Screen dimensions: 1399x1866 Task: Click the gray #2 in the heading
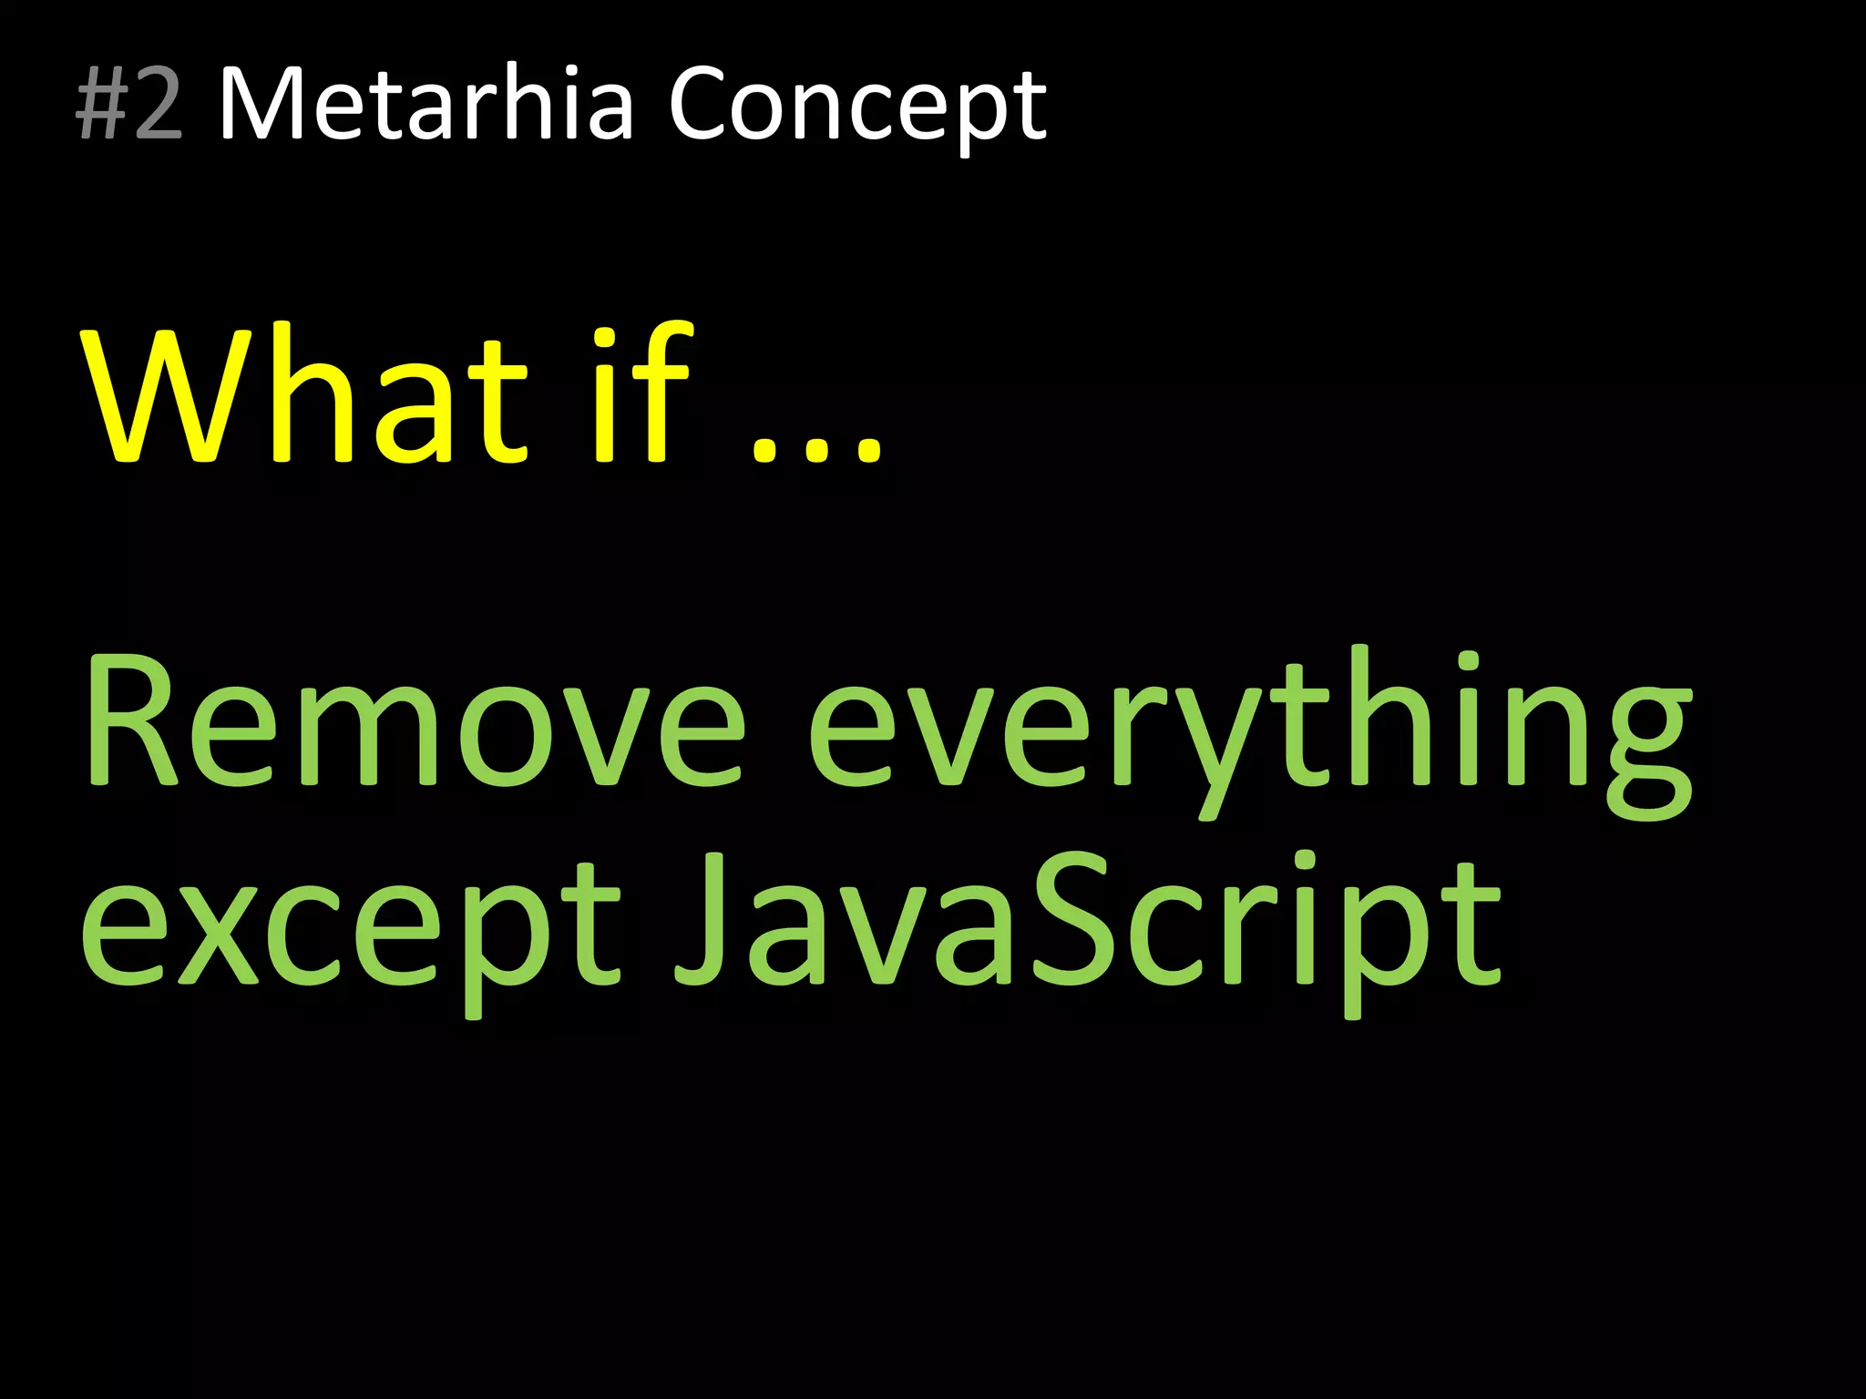click(x=129, y=105)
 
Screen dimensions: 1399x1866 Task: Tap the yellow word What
click(x=305, y=396)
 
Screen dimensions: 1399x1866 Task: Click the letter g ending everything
click(x=1640, y=751)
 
